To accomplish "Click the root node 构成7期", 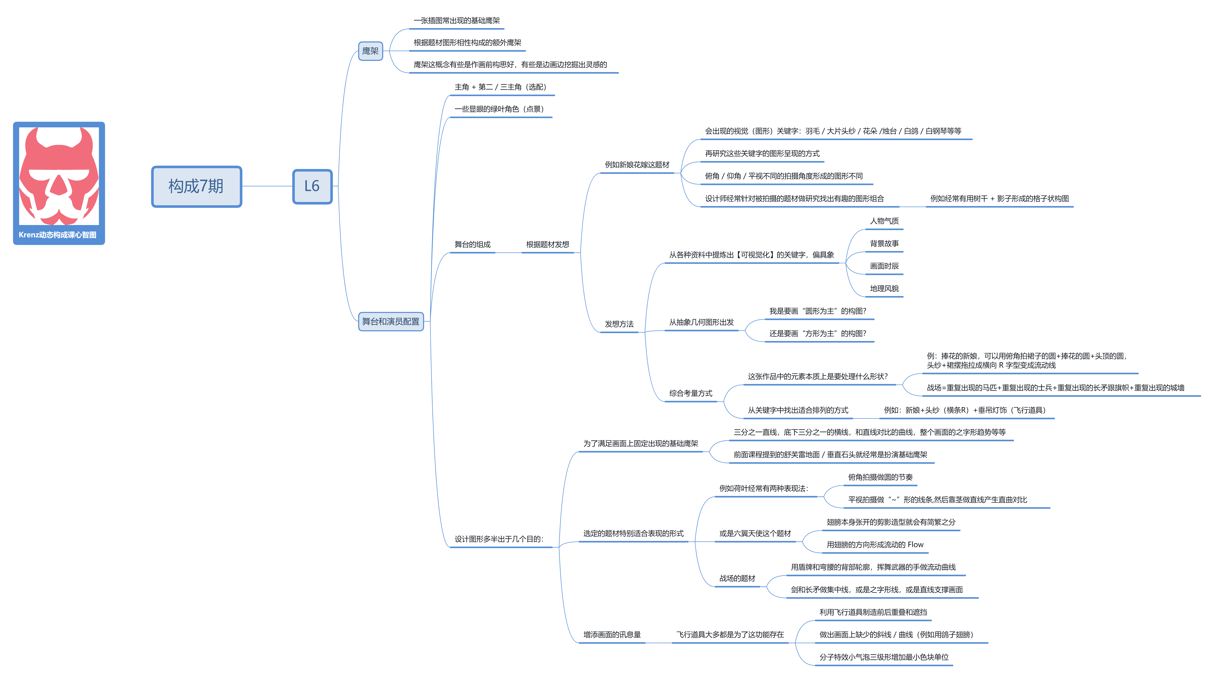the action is pos(196,186).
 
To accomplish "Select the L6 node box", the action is pos(312,186).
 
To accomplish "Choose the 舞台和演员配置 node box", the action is pos(391,322).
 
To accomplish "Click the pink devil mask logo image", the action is pos(59,175).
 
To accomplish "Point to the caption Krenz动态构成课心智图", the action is pos(58,235).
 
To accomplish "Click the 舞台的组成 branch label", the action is pos(472,244).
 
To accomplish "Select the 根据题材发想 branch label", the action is pos(548,244).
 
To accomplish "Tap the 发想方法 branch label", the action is pos(619,324).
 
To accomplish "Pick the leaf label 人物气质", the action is pos(884,221).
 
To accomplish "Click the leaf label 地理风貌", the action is pos(884,289).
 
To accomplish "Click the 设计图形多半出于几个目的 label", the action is pos(499,539).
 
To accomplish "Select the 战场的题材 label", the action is pos(737,579).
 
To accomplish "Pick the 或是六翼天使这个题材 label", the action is pos(755,533).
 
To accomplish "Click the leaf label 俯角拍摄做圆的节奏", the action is pos(880,477).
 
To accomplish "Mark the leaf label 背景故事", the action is pos(884,243).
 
